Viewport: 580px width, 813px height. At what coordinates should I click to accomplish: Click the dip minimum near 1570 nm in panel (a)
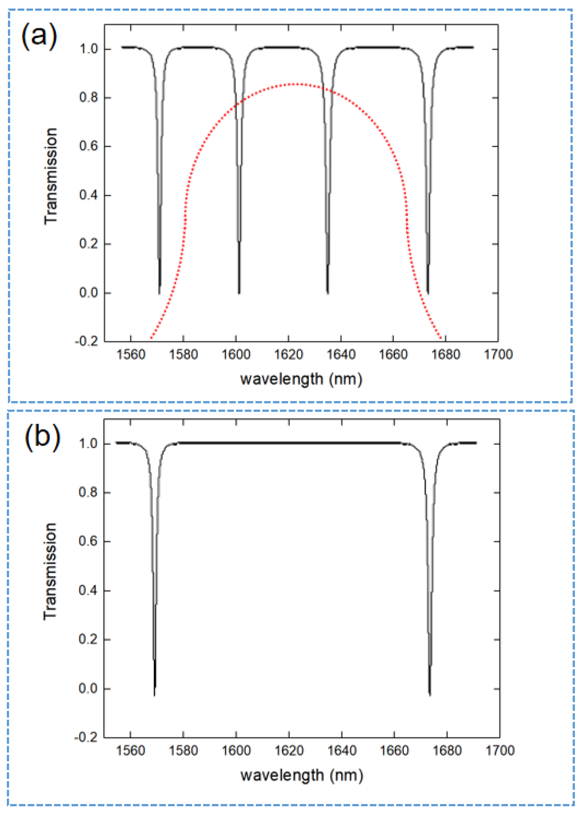coord(159,293)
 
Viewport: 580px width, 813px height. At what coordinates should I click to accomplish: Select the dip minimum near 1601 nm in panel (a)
coord(239,293)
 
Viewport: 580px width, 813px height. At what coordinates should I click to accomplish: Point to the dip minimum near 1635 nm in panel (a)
coord(327,293)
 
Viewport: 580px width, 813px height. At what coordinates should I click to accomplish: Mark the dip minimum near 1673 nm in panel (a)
coord(428,293)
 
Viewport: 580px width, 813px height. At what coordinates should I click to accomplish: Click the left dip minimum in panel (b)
coord(154,695)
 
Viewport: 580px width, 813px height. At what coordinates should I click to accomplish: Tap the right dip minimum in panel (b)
coord(430,695)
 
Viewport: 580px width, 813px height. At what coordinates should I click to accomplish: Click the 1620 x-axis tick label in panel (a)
coord(288,354)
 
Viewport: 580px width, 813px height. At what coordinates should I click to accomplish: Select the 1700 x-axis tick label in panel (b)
coord(500,750)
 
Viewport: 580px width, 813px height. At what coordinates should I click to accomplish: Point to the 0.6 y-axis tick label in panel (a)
coord(88,146)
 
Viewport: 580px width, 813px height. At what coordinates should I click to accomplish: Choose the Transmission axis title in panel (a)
coord(51,177)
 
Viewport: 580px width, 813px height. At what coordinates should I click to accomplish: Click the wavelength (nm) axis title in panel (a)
coord(301,379)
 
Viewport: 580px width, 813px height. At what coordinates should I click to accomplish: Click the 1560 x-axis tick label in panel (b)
coord(130,750)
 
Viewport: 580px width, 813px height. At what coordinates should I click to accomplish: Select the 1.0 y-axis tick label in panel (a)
coord(88,49)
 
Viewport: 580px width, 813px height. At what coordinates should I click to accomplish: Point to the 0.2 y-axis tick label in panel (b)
coord(88,639)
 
